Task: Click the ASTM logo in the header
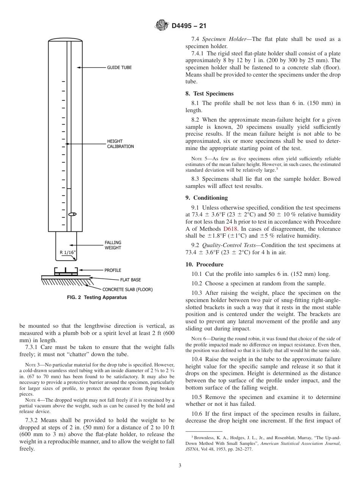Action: click(162, 26)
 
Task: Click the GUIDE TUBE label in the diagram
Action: click(119, 67)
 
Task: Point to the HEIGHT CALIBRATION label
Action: click(120, 144)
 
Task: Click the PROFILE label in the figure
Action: click(113, 270)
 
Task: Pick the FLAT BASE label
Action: click(130, 280)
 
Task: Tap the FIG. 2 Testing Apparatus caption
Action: click(97, 297)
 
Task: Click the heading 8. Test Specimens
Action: click(210, 94)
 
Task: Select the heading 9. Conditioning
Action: click(207, 198)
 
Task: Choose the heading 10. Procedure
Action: click(204, 264)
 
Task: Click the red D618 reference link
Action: click(230, 229)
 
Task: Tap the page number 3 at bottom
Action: click(180, 465)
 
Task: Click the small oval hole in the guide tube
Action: click(72, 214)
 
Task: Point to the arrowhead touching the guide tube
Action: click(79, 67)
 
